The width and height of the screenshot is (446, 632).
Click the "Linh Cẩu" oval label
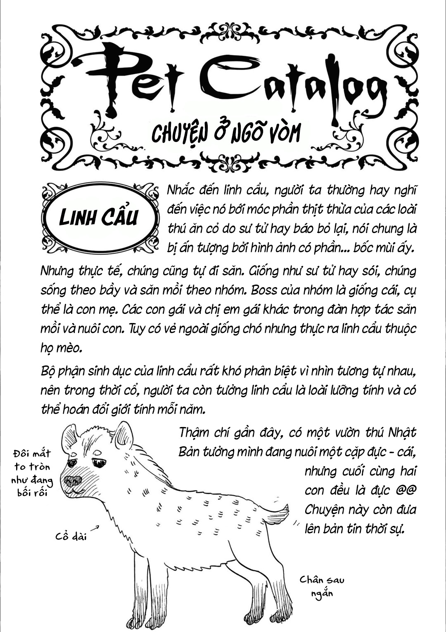coord(99,217)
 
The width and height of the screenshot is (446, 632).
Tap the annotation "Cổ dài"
coord(71,537)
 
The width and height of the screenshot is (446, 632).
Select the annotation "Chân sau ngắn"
coord(322,586)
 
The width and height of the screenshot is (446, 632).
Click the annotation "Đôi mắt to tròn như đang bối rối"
coord(32,473)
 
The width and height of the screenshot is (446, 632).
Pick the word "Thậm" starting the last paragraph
coord(195,433)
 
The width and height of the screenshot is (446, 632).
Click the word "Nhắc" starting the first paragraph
coord(181,191)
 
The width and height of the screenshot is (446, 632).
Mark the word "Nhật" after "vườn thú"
coord(402,433)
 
